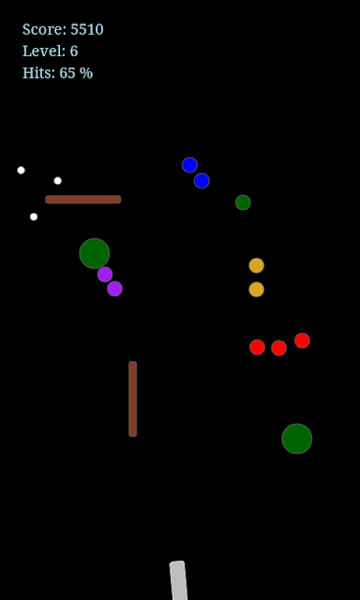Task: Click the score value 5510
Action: pyautogui.click(x=87, y=29)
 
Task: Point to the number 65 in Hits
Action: pyautogui.click(x=67, y=73)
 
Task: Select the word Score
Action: pyautogui.click(x=44, y=29)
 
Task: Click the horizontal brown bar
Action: pyautogui.click(x=83, y=200)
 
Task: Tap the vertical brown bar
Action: pyautogui.click(x=133, y=398)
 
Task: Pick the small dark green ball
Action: pyautogui.click(x=243, y=202)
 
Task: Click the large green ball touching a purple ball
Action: pyautogui.click(x=95, y=253)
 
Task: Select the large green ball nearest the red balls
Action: pyautogui.click(x=297, y=439)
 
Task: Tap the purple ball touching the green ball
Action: pyautogui.click(x=105, y=275)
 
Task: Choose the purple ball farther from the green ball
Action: pyautogui.click(x=114, y=289)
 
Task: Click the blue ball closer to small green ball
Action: pyautogui.click(x=202, y=181)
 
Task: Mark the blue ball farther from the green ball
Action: pyautogui.click(x=189, y=165)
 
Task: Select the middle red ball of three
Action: pyautogui.click(x=278, y=348)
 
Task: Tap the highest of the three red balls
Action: pyautogui.click(x=302, y=340)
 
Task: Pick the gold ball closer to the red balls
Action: pyautogui.click(x=256, y=290)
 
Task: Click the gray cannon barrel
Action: pyautogui.click(x=179, y=580)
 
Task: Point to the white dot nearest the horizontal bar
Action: pyautogui.click(x=57, y=181)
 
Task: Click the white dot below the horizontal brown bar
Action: pyautogui.click(x=34, y=217)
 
